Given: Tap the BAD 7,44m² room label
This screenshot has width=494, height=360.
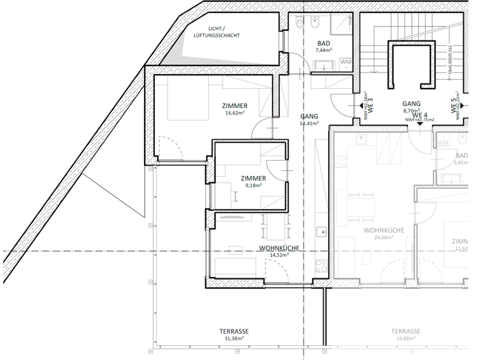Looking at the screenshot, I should (x=323, y=46).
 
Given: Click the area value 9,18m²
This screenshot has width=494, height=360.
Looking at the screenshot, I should (x=254, y=185).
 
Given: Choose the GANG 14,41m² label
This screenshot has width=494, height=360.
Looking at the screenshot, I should (x=309, y=120).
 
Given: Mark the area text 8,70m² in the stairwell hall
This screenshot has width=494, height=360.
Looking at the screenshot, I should (x=411, y=111).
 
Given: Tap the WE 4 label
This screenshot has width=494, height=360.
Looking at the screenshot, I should (x=420, y=114).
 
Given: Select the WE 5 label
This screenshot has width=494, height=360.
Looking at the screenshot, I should (x=454, y=106).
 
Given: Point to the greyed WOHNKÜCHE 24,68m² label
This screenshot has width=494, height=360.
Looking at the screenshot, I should (x=383, y=233).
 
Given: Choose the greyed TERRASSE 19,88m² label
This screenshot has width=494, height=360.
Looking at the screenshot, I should (x=406, y=335).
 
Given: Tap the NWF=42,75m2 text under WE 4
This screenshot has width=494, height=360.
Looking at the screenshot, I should (x=419, y=120).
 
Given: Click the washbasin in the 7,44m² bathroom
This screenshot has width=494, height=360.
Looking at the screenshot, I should (x=322, y=64).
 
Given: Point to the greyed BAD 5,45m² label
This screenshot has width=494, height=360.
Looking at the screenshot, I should (x=461, y=159).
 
